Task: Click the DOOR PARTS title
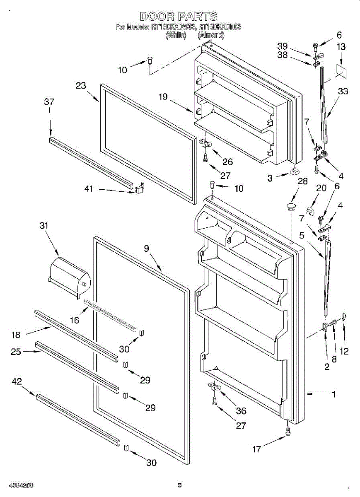[178, 17]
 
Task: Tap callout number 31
[44, 226]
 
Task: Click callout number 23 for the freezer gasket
[81, 86]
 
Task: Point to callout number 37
[50, 102]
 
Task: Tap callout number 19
[163, 97]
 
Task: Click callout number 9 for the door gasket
[146, 248]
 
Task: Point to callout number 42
[17, 381]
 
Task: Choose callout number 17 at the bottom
[257, 449]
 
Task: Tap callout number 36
[241, 410]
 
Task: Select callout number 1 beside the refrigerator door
[334, 395]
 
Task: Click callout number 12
[344, 351]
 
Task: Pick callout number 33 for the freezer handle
[343, 92]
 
